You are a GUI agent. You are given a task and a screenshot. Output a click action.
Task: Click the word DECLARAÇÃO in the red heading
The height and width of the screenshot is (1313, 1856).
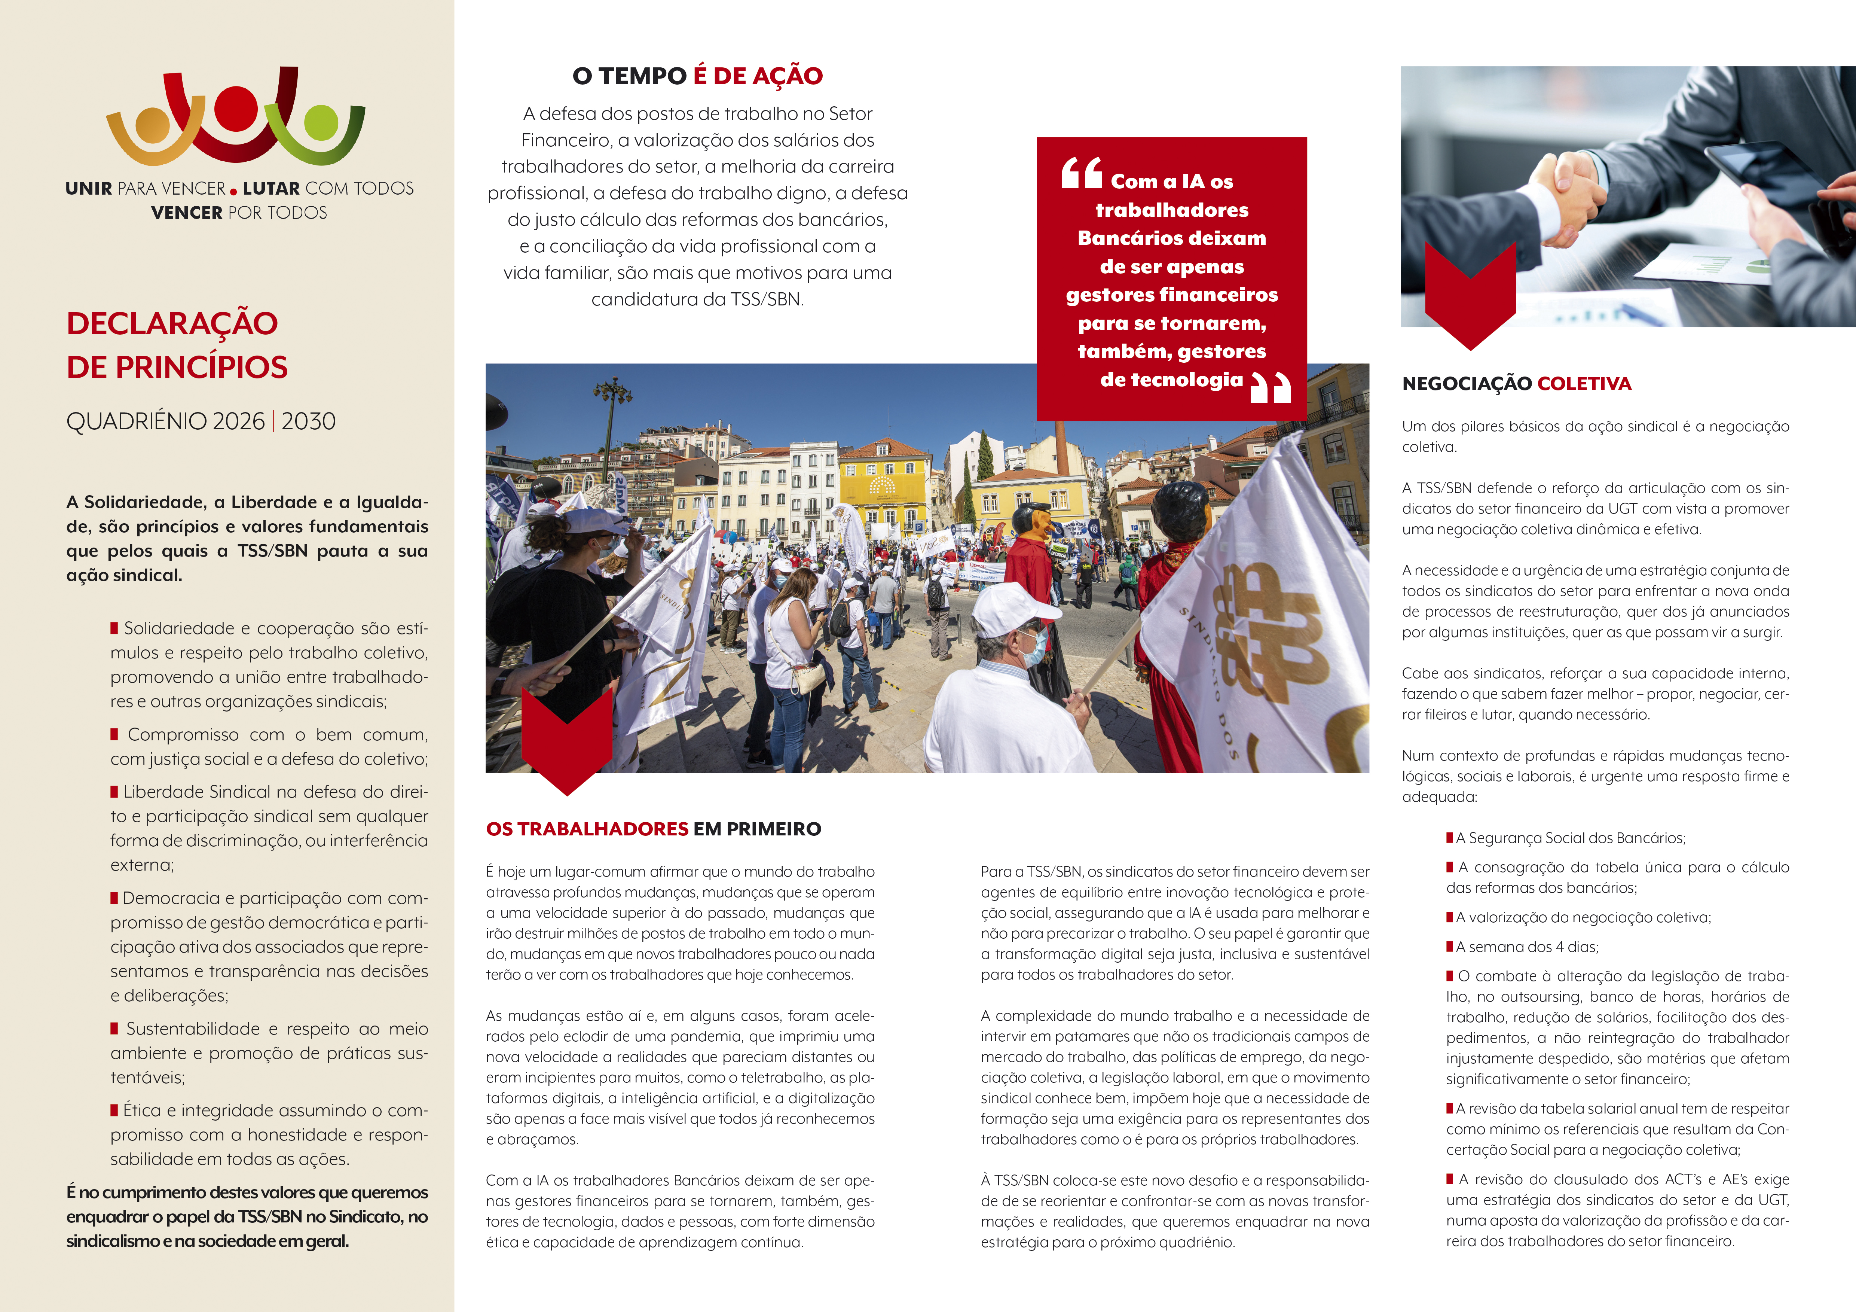(172, 323)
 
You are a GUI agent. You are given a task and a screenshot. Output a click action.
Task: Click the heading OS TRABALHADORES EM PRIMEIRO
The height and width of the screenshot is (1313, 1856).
(653, 829)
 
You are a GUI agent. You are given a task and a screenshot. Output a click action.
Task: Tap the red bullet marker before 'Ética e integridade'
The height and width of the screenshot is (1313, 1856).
(115, 1110)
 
